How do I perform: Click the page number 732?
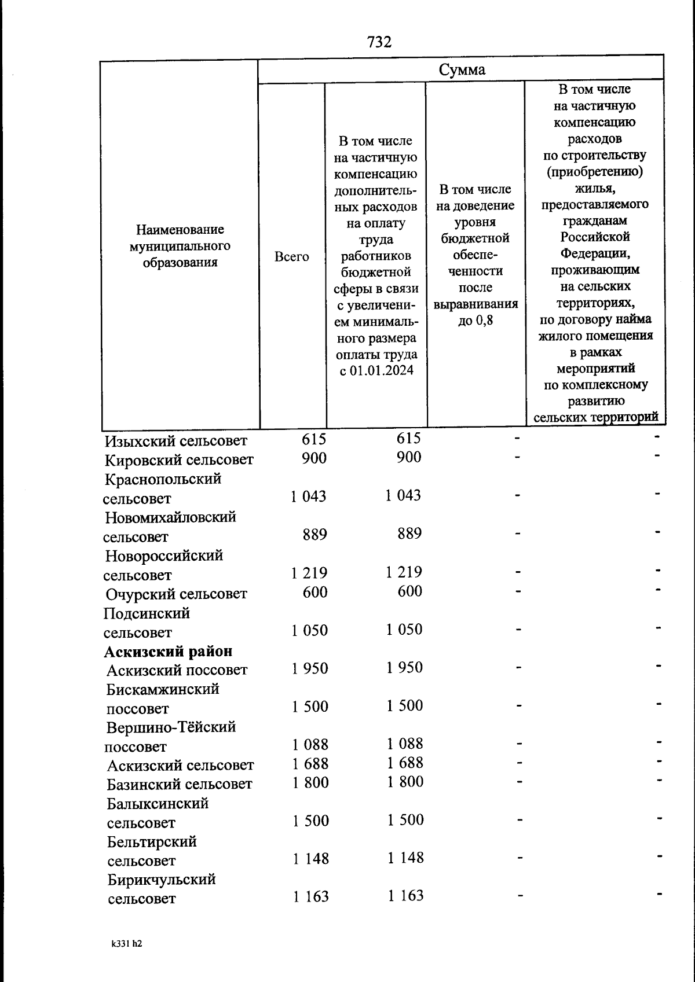click(x=379, y=42)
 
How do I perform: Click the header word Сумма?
click(x=462, y=70)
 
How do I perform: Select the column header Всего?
click(x=291, y=256)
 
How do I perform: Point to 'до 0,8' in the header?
click(x=475, y=320)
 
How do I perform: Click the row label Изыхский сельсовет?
click(x=176, y=441)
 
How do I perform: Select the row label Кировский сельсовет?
click(x=179, y=460)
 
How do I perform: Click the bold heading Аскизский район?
click(x=168, y=651)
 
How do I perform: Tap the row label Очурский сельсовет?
click(x=176, y=594)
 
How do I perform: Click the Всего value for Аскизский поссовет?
click(x=310, y=668)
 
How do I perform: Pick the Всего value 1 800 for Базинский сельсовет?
click(x=310, y=782)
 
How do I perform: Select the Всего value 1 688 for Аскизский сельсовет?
click(x=310, y=763)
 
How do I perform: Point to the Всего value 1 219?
click(x=309, y=573)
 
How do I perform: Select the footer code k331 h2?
click(x=127, y=943)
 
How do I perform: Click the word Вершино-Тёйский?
click(x=171, y=727)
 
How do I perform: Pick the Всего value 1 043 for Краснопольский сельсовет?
click(x=308, y=496)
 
